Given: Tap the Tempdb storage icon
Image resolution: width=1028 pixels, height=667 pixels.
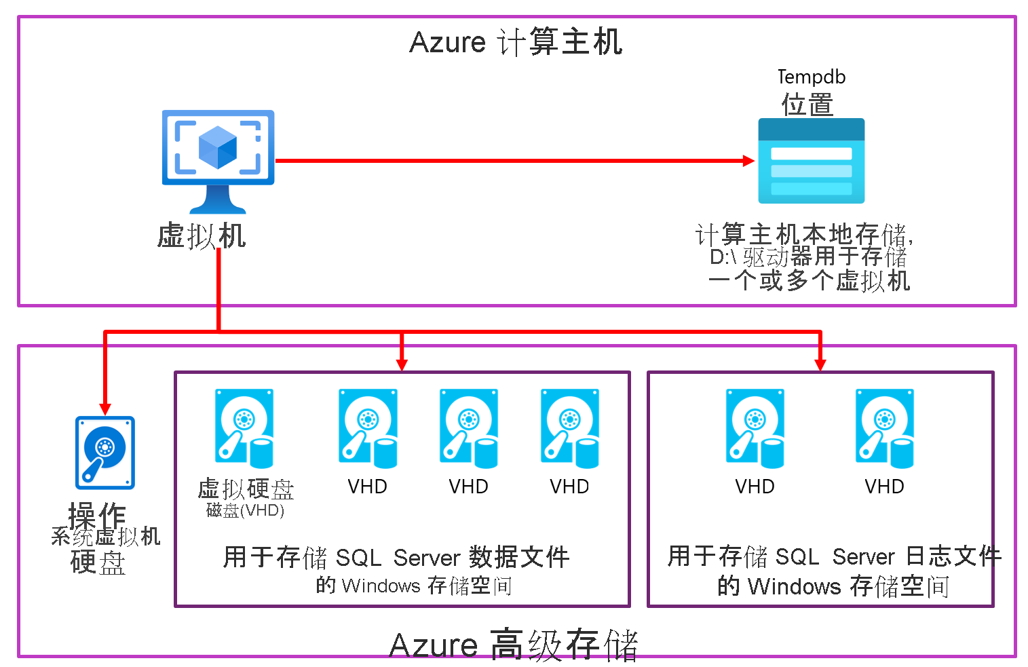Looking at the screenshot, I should pyautogui.click(x=811, y=161).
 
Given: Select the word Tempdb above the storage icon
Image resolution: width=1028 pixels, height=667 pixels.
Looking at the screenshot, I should pyautogui.click(x=811, y=77).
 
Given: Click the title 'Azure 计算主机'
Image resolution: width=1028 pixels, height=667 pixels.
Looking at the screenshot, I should pyautogui.click(x=516, y=42).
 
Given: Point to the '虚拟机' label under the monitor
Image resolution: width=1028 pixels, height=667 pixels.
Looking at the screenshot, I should pyautogui.click(x=201, y=236).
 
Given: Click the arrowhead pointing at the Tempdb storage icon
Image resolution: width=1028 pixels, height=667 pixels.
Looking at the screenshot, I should pyautogui.click(x=748, y=161).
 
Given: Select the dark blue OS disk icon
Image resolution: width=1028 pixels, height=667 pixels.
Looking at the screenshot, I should pyautogui.click(x=104, y=453).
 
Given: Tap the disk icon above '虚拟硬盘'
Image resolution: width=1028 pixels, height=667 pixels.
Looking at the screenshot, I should pyautogui.click(x=244, y=428).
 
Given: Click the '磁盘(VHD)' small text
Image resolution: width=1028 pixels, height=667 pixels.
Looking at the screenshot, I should pyautogui.click(x=245, y=510).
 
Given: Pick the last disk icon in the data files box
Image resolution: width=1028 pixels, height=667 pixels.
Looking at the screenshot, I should pyautogui.click(x=569, y=428).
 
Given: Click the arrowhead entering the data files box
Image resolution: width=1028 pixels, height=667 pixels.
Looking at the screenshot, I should pyautogui.click(x=402, y=364).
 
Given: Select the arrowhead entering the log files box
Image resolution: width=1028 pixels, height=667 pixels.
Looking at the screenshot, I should pyautogui.click(x=820, y=364).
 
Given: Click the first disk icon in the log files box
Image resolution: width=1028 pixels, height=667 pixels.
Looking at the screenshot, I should pyautogui.click(x=755, y=428).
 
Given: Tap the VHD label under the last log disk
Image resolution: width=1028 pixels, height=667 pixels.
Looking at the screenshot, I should pyautogui.click(x=884, y=487).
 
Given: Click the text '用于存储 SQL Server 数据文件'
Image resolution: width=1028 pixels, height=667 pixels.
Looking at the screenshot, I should pyautogui.click(x=396, y=557).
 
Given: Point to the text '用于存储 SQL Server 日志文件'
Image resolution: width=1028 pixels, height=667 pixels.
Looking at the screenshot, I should pyautogui.click(x=834, y=556).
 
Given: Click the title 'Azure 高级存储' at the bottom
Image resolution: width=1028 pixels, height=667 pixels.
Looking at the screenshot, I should pyautogui.click(x=514, y=645).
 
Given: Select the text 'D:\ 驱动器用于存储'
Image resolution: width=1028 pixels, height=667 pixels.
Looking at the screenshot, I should pyautogui.click(x=807, y=257).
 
